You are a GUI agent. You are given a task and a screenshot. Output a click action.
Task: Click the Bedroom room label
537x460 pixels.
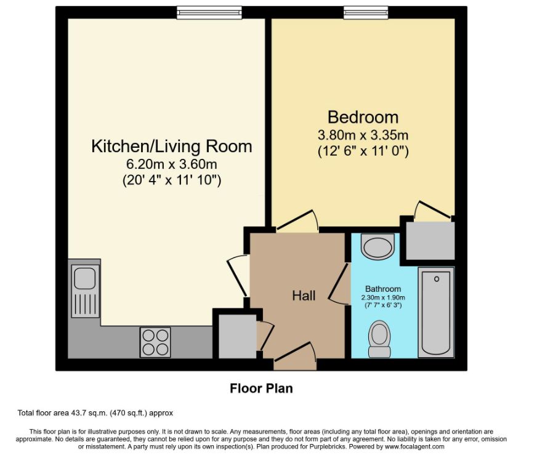pyautogui.click(x=362, y=117)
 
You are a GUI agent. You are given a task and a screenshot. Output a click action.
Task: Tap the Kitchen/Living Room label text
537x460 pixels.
pyautogui.click(x=172, y=147)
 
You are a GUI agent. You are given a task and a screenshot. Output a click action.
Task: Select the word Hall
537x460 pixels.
pyautogui.click(x=304, y=296)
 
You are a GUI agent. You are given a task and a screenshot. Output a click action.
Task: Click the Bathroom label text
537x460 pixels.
pyautogui.click(x=382, y=289)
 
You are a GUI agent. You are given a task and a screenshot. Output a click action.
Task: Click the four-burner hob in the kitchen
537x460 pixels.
pyautogui.click(x=155, y=342)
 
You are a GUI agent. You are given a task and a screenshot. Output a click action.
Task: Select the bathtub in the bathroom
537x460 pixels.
pyautogui.click(x=435, y=312)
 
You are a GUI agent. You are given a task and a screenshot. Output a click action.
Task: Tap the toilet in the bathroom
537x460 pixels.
pyautogui.click(x=379, y=339)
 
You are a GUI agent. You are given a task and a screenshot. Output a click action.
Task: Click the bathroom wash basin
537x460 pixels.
pyautogui.click(x=376, y=248)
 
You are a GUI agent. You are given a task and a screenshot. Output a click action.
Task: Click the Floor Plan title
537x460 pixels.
pyautogui.click(x=262, y=389)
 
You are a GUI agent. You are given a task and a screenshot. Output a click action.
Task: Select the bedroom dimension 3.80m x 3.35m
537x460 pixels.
pyautogui.click(x=363, y=135)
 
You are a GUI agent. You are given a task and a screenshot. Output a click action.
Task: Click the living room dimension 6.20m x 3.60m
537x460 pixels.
pyautogui.click(x=172, y=164)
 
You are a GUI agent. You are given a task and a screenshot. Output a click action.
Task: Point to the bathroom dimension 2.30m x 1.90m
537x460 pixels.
pyautogui.click(x=382, y=297)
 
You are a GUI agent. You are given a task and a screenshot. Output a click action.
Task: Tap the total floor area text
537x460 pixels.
pyautogui.click(x=99, y=413)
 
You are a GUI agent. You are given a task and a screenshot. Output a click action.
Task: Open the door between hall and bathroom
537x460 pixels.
pyautogui.click(x=339, y=283)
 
